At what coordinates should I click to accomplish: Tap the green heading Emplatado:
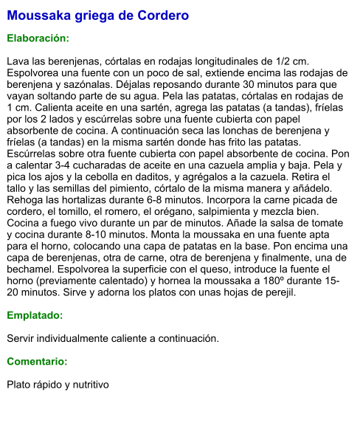click(35, 315)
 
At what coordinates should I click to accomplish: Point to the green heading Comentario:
click(37, 362)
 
